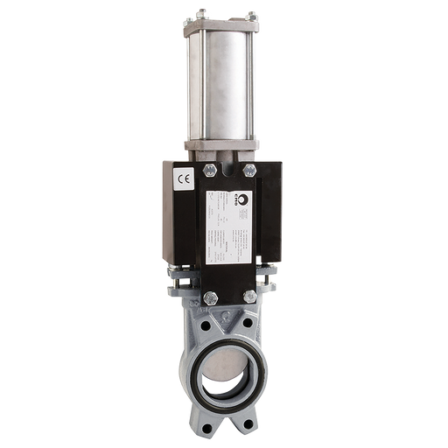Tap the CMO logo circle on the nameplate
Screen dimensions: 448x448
tap(243, 199)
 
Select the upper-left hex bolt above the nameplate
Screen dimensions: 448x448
tap(209, 171)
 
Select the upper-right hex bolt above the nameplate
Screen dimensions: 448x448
tap(249, 171)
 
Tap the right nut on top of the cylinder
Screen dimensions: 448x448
tap(253, 14)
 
